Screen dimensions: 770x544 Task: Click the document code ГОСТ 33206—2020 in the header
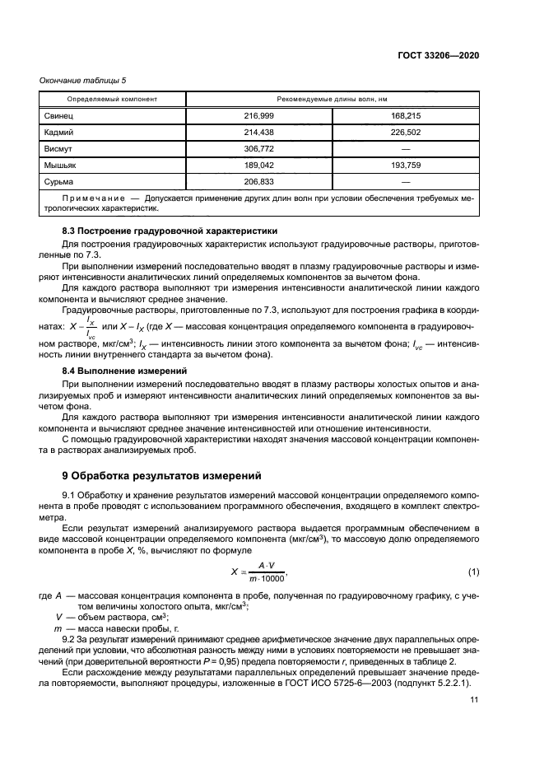pos(439,55)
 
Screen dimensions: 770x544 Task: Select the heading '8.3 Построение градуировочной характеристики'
pos(160,231)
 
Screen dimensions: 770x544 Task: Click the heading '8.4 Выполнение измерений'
pos(114,371)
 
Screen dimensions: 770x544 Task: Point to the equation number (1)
pos(473,572)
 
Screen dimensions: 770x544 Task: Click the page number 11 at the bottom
pos(474,701)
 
